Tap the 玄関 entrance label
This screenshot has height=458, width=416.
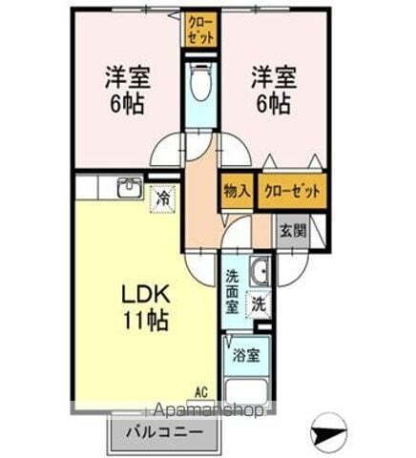(x=292, y=230)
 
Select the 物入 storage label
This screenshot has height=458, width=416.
(x=236, y=190)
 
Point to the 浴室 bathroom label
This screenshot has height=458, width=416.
(x=245, y=356)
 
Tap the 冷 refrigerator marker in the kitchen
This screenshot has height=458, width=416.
(x=162, y=198)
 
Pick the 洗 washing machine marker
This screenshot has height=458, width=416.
(x=258, y=304)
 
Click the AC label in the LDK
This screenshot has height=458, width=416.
(x=201, y=391)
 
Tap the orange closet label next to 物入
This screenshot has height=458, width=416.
(x=290, y=190)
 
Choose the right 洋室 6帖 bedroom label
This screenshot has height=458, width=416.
(x=271, y=89)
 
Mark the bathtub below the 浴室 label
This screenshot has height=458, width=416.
(x=245, y=388)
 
